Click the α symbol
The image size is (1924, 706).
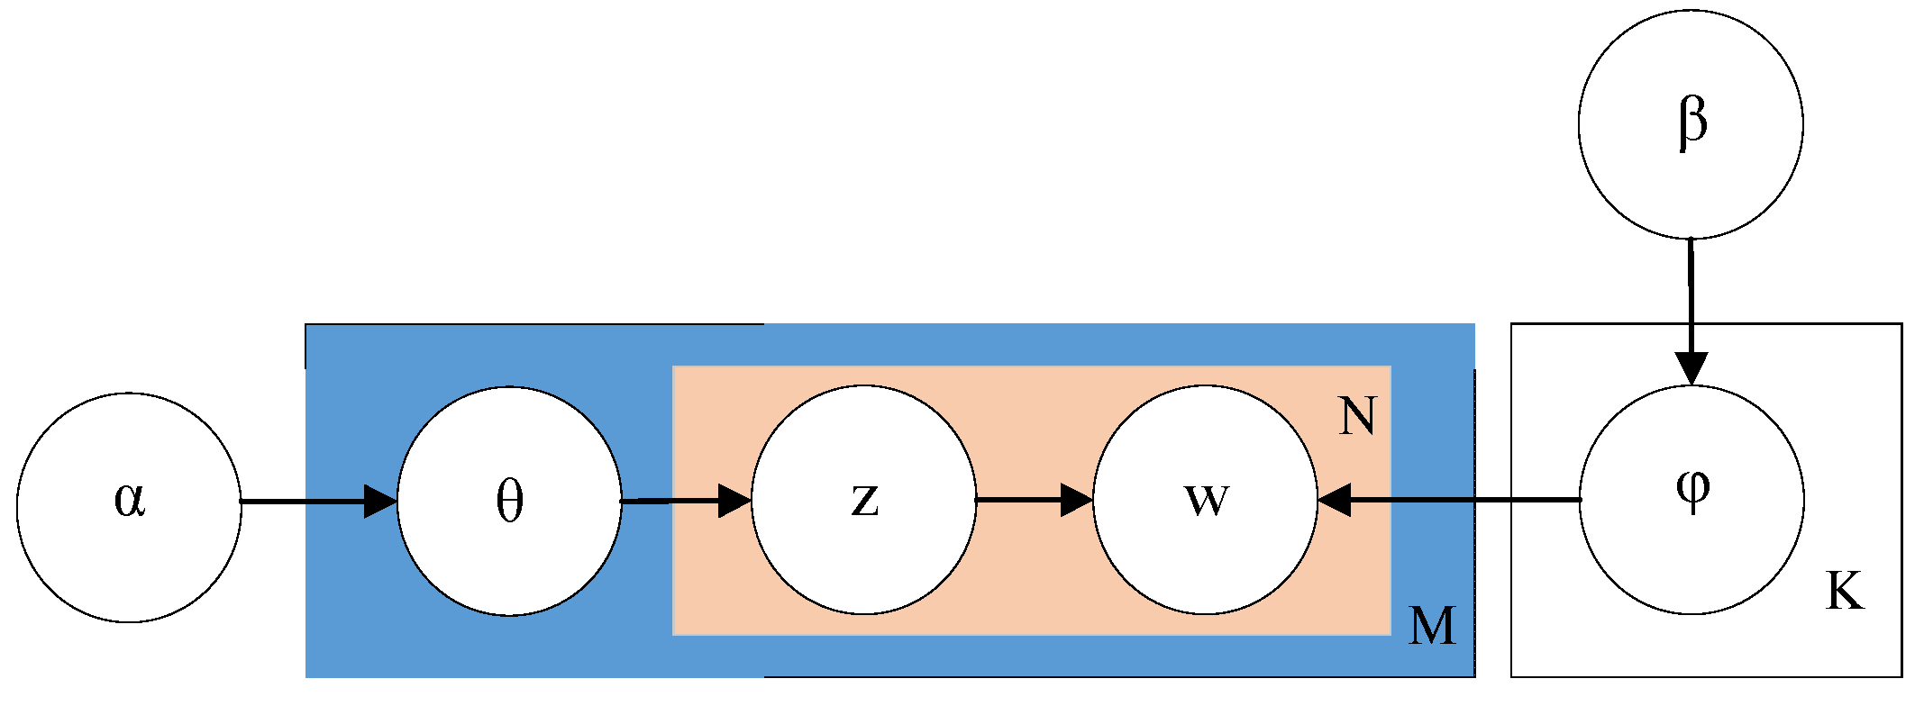(130, 499)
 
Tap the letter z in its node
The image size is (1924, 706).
(864, 499)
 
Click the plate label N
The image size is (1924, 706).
(1357, 417)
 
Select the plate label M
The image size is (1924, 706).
(1432, 626)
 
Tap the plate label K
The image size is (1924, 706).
(1844, 593)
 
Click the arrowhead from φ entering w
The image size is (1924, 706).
(1334, 500)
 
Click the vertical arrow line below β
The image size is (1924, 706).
(1691, 297)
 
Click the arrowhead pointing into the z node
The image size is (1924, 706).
(734, 501)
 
